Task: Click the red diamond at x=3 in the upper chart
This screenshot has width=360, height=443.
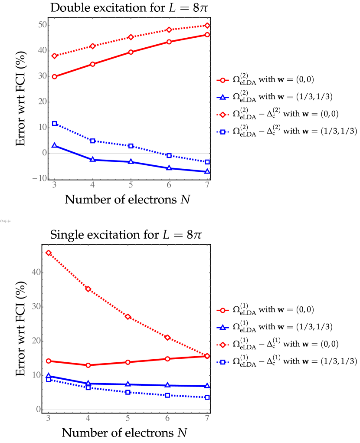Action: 54,56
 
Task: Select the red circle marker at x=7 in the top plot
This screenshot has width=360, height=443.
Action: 207,35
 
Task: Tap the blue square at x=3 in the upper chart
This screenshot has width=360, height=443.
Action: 54,124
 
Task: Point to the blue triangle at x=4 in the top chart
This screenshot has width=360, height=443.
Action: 92,160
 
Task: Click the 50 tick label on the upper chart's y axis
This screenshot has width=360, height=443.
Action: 42,25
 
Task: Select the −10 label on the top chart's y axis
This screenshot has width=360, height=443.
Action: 39,178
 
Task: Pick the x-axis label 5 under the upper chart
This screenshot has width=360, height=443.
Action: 131,185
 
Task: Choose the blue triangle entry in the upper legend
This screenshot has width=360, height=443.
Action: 223,98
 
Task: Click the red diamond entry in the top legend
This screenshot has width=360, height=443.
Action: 223,115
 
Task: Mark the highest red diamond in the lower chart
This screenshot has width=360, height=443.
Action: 49,253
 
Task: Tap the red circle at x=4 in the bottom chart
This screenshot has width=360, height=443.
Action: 88,365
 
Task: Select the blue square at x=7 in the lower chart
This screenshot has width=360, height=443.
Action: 207,397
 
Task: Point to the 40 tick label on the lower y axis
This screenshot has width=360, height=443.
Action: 36,272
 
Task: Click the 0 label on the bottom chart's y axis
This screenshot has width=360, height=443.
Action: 39,409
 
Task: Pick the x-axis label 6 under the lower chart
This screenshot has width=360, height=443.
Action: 167,418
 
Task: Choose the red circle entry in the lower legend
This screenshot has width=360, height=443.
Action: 223,310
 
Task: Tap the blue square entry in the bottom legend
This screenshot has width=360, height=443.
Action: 223,362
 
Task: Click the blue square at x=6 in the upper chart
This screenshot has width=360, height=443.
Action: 169,155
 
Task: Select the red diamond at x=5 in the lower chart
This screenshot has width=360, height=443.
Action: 128,317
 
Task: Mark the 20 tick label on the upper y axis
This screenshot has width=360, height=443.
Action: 42,102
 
